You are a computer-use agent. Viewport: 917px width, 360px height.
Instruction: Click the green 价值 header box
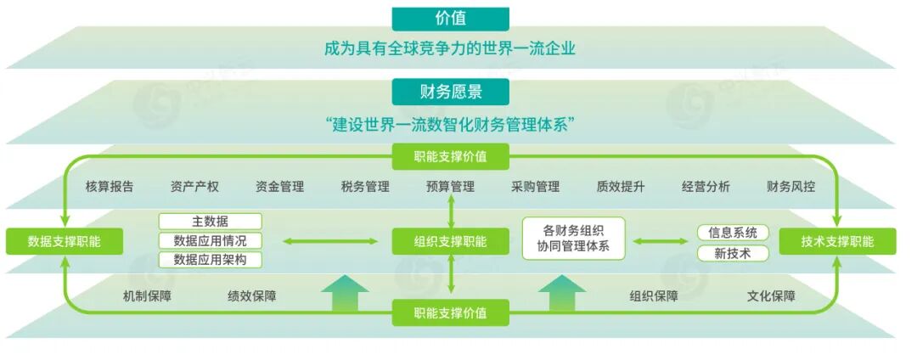point(450,19)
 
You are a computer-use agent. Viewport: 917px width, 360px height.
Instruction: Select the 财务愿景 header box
point(450,91)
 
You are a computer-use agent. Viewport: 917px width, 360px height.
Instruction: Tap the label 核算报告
point(110,187)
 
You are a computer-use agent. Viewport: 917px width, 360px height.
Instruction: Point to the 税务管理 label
point(365,187)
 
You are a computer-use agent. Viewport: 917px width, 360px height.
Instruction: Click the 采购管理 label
point(535,187)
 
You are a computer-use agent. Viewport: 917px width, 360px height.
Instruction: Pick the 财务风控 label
point(790,187)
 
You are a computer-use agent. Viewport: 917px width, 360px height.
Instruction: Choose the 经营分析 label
point(706,187)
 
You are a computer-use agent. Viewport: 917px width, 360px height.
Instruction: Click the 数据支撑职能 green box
point(65,241)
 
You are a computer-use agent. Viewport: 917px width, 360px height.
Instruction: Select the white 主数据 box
point(211,222)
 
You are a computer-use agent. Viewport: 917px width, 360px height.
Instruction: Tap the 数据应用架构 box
point(211,260)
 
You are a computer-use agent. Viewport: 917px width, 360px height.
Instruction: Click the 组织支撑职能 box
point(450,241)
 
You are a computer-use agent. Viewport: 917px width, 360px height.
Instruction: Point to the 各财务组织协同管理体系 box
point(573,238)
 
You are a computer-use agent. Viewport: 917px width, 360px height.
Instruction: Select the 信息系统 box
point(733,232)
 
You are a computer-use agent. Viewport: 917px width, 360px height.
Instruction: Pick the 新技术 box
point(733,253)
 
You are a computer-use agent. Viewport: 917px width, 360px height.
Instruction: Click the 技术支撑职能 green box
point(837,241)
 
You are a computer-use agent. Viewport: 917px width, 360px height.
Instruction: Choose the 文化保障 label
point(771,296)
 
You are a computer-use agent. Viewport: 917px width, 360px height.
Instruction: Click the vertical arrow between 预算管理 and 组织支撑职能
point(451,211)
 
